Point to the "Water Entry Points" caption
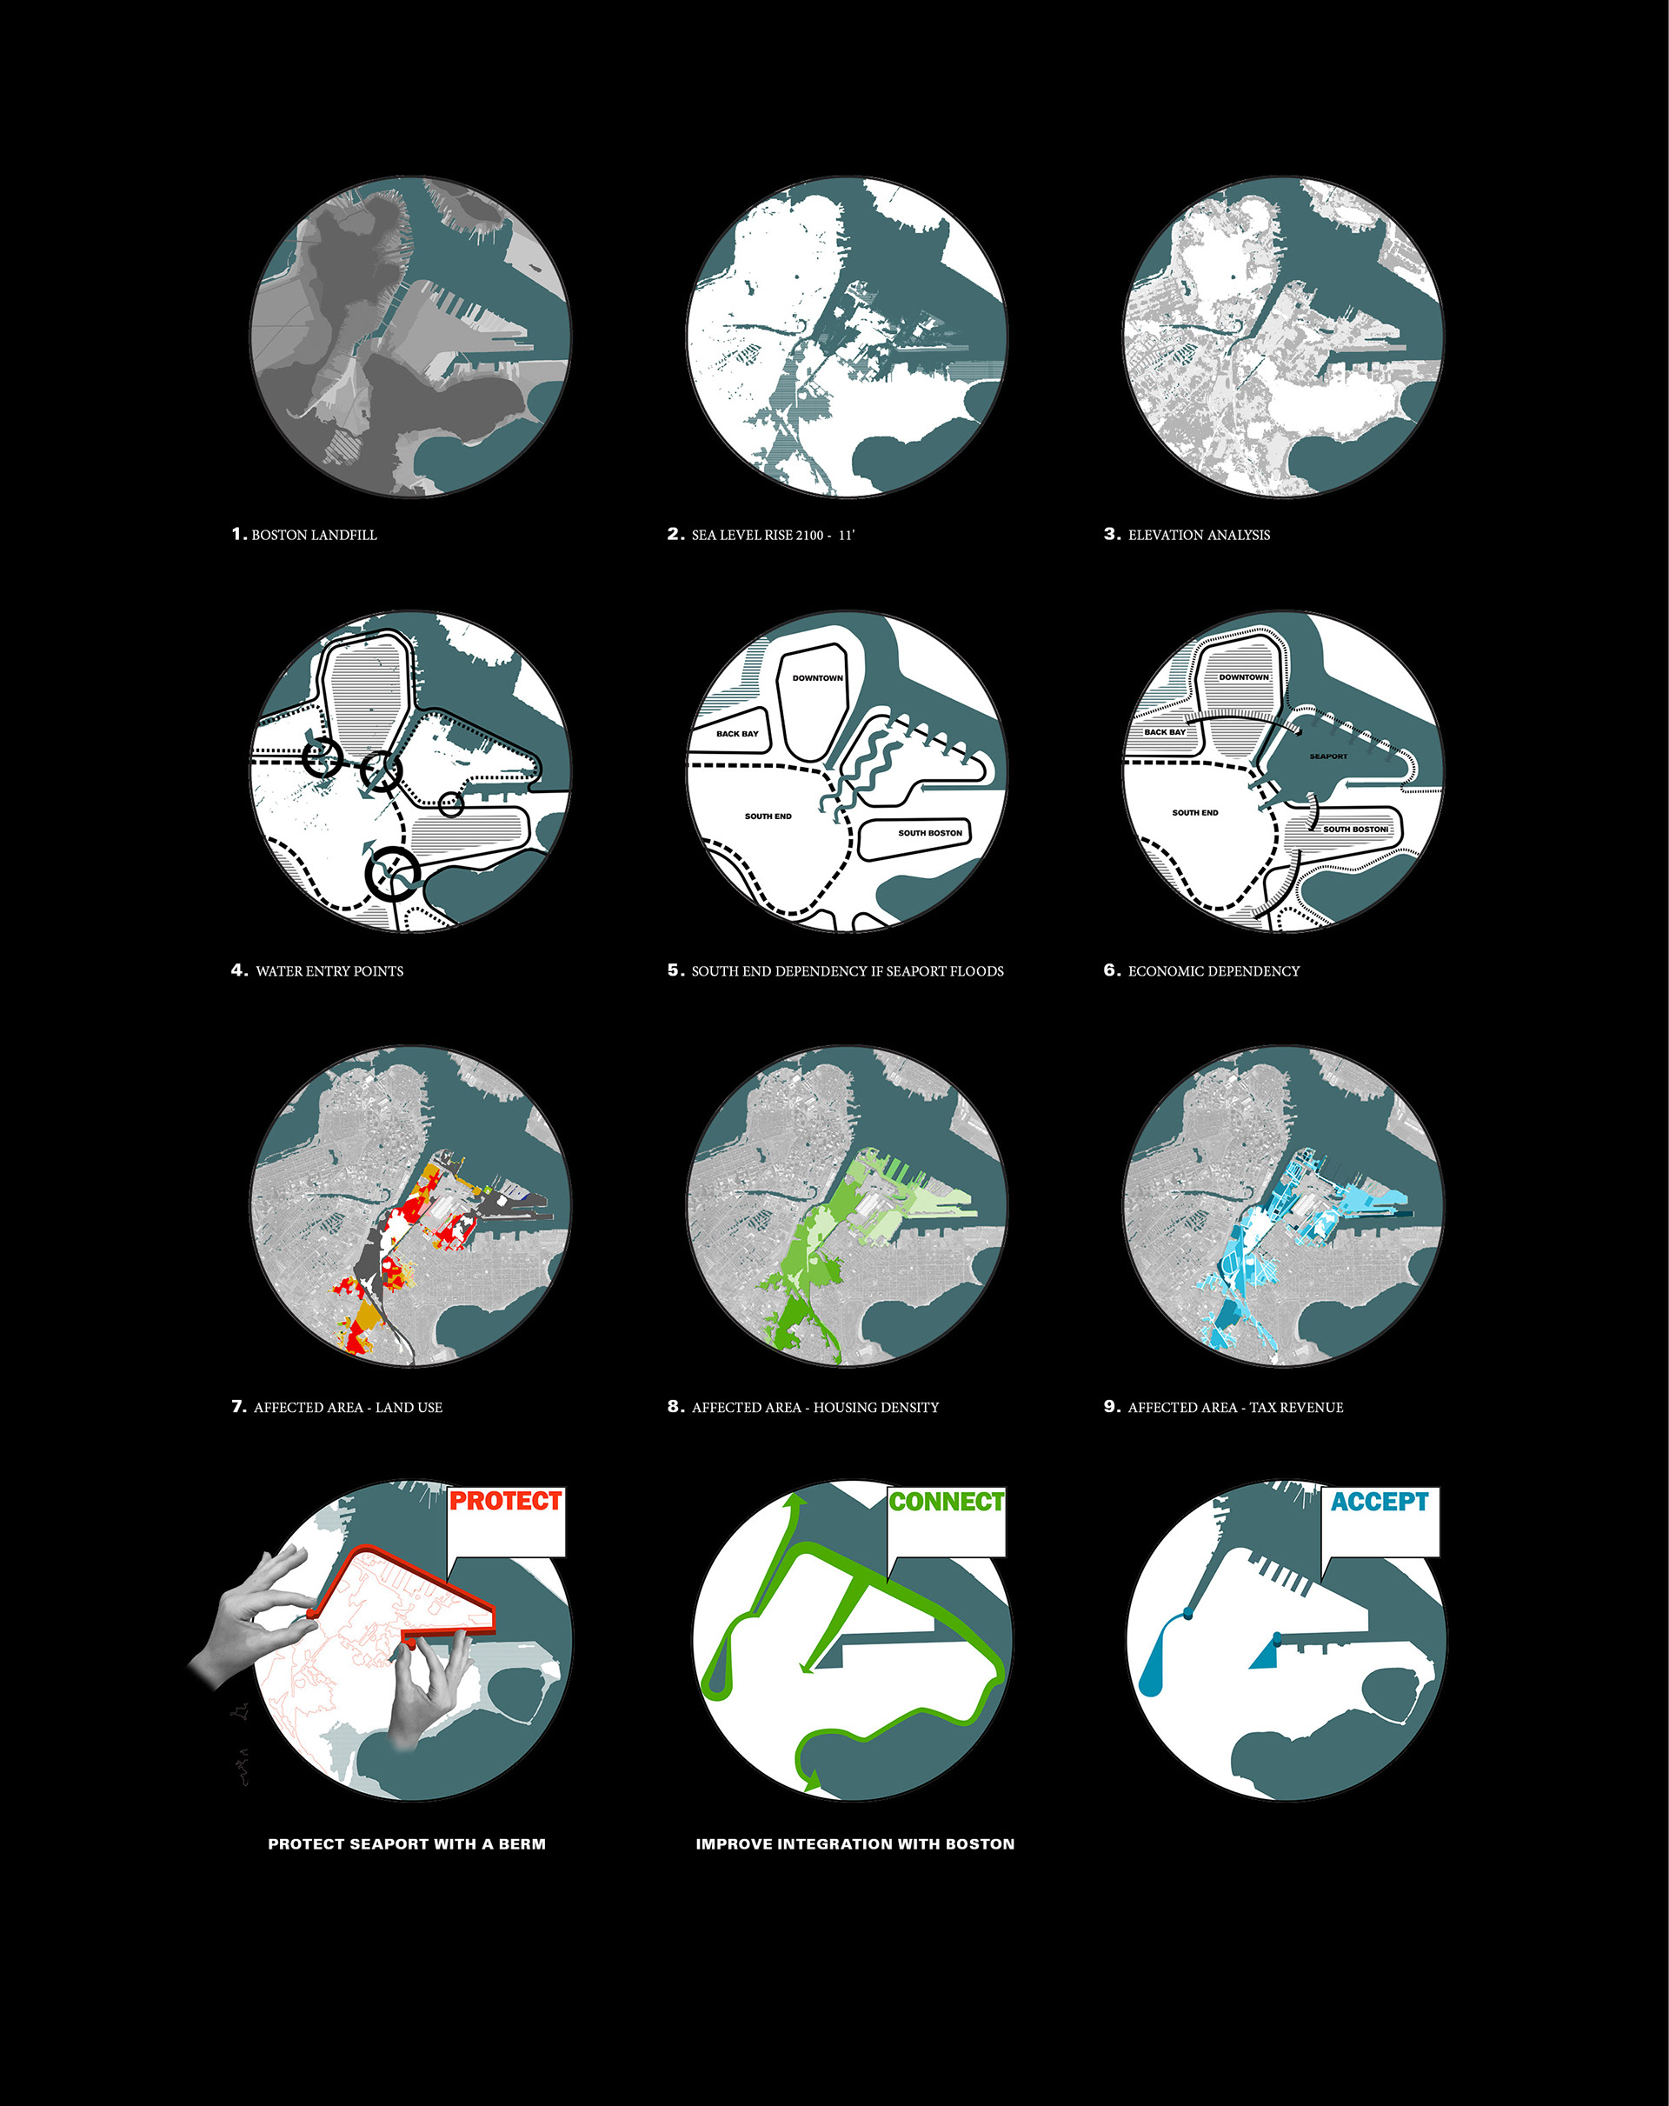[x=329, y=971]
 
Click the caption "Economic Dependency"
[x=1213, y=971]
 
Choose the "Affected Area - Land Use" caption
[x=348, y=1407]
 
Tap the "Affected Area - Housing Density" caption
[x=815, y=1407]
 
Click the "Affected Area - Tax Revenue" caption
[x=1235, y=1407]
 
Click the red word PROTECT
[x=505, y=1501]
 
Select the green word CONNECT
[x=947, y=1502]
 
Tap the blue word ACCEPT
[x=1380, y=1502]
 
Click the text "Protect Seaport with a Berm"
[x=406, y=1843]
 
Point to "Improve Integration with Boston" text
[x=854, y=1843]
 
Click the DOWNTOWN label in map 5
[x=817, y=678]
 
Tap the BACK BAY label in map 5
[x=737, y=734]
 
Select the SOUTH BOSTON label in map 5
[x=930, y=833]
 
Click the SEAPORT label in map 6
[x=1328, y=756]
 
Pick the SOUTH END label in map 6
[x=1195, y=813]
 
